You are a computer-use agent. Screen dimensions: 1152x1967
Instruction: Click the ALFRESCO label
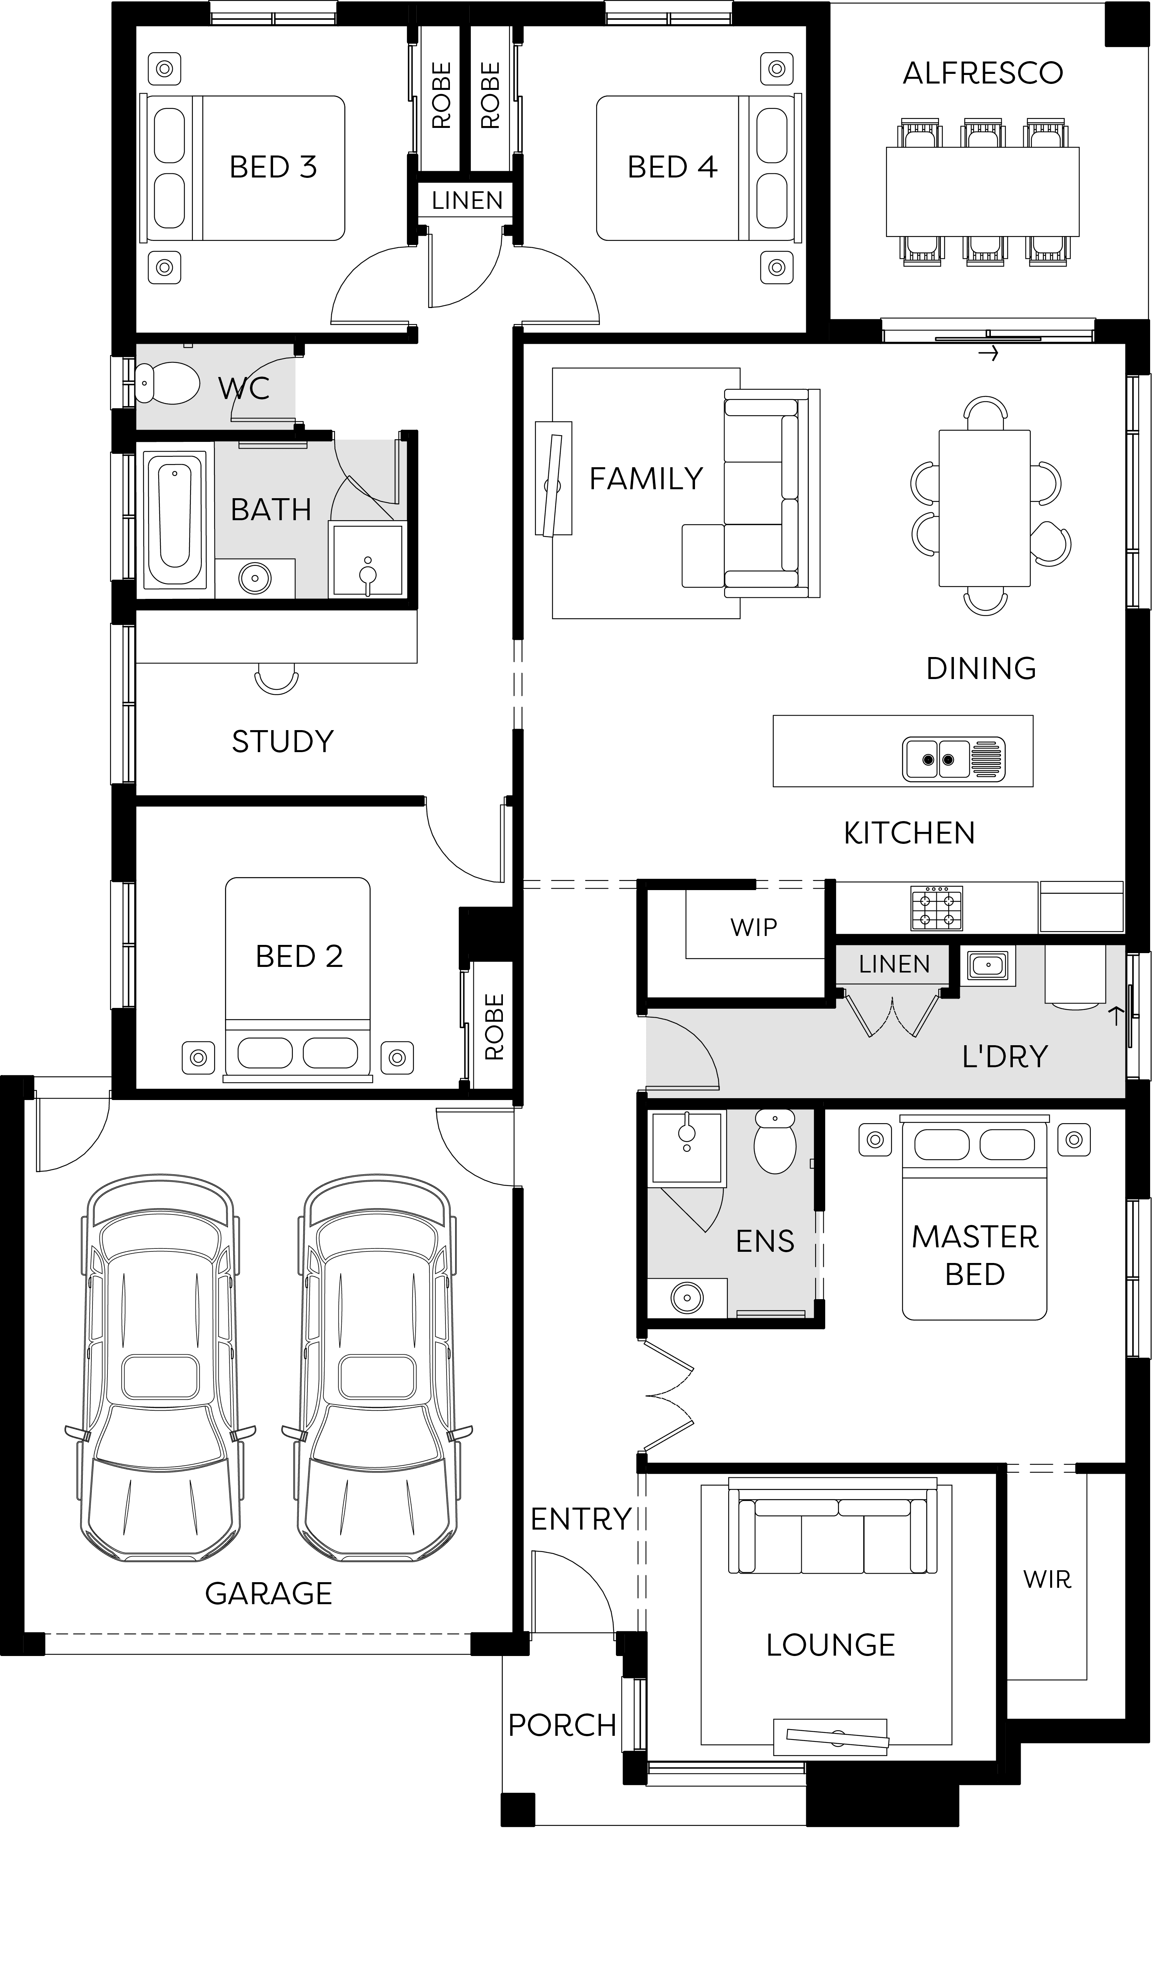click(x=983, y=73)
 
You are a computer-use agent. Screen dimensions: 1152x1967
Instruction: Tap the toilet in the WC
click(x=166, y=383)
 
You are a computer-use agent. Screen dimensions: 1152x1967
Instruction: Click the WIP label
click(x=754, y=927)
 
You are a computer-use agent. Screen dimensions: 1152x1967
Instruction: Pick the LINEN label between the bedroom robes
click(x=467, y=201)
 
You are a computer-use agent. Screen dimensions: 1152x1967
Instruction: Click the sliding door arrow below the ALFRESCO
click(x=989, y=354)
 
